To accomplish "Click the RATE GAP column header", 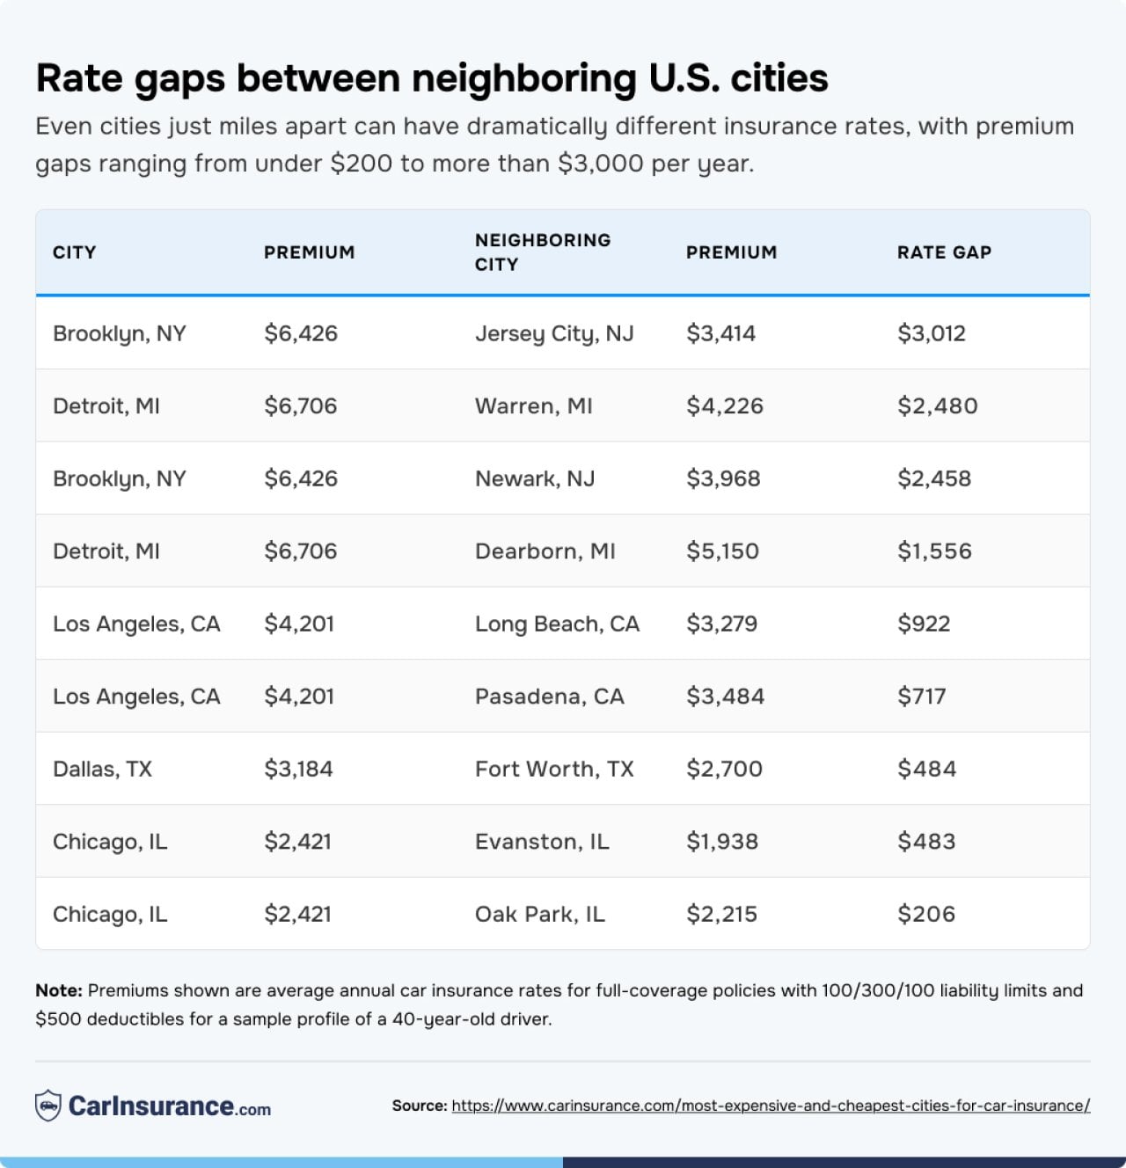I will click(x=944, y=252).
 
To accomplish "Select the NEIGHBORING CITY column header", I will click(x=542, y=252).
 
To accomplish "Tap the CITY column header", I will click(x=74, y=252).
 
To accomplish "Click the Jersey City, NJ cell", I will click(x=554, y=333).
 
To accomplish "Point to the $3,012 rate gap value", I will click(x=931, y=333).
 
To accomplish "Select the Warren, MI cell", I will click(x=533, y=406).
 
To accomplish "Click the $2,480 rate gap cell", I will click(x=937, y=406).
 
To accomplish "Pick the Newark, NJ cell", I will click(x=535, y=478).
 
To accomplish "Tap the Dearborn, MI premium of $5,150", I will click(x=722, y=551).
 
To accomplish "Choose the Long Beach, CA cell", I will click(x=557, y=624).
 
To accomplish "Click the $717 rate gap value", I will click(x=921, y=697).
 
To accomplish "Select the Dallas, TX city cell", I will click(x=102, y=769).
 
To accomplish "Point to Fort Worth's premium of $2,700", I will click(x=724, y=769).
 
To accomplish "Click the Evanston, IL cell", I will click(x=542, y=842).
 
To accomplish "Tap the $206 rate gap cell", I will click(x=925, y=914).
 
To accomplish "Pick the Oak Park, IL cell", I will click(x=539, y=914).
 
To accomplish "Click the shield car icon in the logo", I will click(x=48, y=1106).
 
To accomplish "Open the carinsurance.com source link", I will click(x=771, y=1106).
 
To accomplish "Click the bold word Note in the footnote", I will click(x=58, y=990).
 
